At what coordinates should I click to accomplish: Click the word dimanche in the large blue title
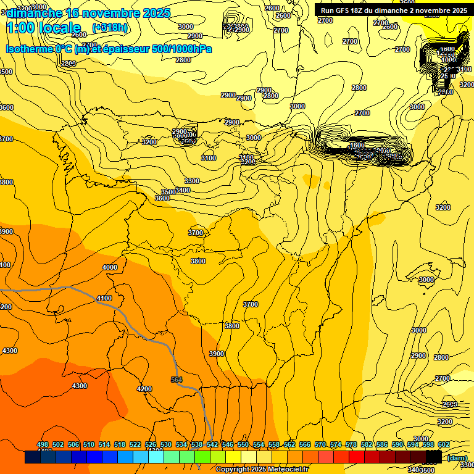[x=34, y=13]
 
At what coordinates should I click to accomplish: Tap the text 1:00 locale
[x=43, y=28]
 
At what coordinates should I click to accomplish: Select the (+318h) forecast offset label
[x=109, y=28]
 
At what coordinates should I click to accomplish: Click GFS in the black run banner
[x=343, y=10]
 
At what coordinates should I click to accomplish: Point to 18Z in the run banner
[x=360, y=10]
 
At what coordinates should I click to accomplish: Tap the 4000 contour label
[x=109, y=267]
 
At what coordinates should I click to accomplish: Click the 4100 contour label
[x=104, y=298]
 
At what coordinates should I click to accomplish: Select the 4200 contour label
[x=144, y=389]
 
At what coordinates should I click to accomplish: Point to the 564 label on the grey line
[x=177, y=380]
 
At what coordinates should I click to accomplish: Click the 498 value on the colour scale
[x=43, y=444]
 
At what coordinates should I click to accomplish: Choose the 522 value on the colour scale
[x=135, y=444]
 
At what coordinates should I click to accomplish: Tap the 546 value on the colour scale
[x=228, y=444]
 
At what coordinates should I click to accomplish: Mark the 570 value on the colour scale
[x=320, y=444]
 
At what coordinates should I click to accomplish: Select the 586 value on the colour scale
[x=382, y=444]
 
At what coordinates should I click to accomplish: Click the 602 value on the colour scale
[x=444, y=444]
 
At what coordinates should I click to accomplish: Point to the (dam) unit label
[x=457, y=457]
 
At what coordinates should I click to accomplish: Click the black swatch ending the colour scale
[x=434, y=457]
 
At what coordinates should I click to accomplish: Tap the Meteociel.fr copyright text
[x=262, y=470]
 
